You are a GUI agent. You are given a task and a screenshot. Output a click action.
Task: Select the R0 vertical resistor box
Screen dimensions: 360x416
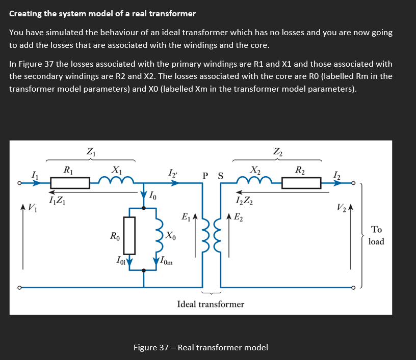pos(129,235)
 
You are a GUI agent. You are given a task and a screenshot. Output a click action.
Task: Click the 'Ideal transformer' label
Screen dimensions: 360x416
pos(211,304)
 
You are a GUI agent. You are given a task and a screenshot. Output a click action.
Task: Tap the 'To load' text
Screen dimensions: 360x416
pos(376,236)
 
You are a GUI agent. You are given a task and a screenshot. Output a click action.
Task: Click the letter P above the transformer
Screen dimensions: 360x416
pos(205,176)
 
